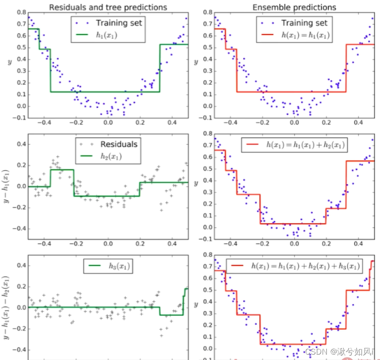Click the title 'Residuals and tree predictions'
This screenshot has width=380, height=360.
coord(108,7)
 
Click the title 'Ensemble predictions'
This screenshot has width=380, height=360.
coord(294,7)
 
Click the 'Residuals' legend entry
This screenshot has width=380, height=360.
coord(119,144)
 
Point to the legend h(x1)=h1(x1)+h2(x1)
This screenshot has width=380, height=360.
coord(306,145)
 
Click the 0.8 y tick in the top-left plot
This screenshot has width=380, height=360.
coord(21,13)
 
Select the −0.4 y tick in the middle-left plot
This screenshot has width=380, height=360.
coord(19,229)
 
